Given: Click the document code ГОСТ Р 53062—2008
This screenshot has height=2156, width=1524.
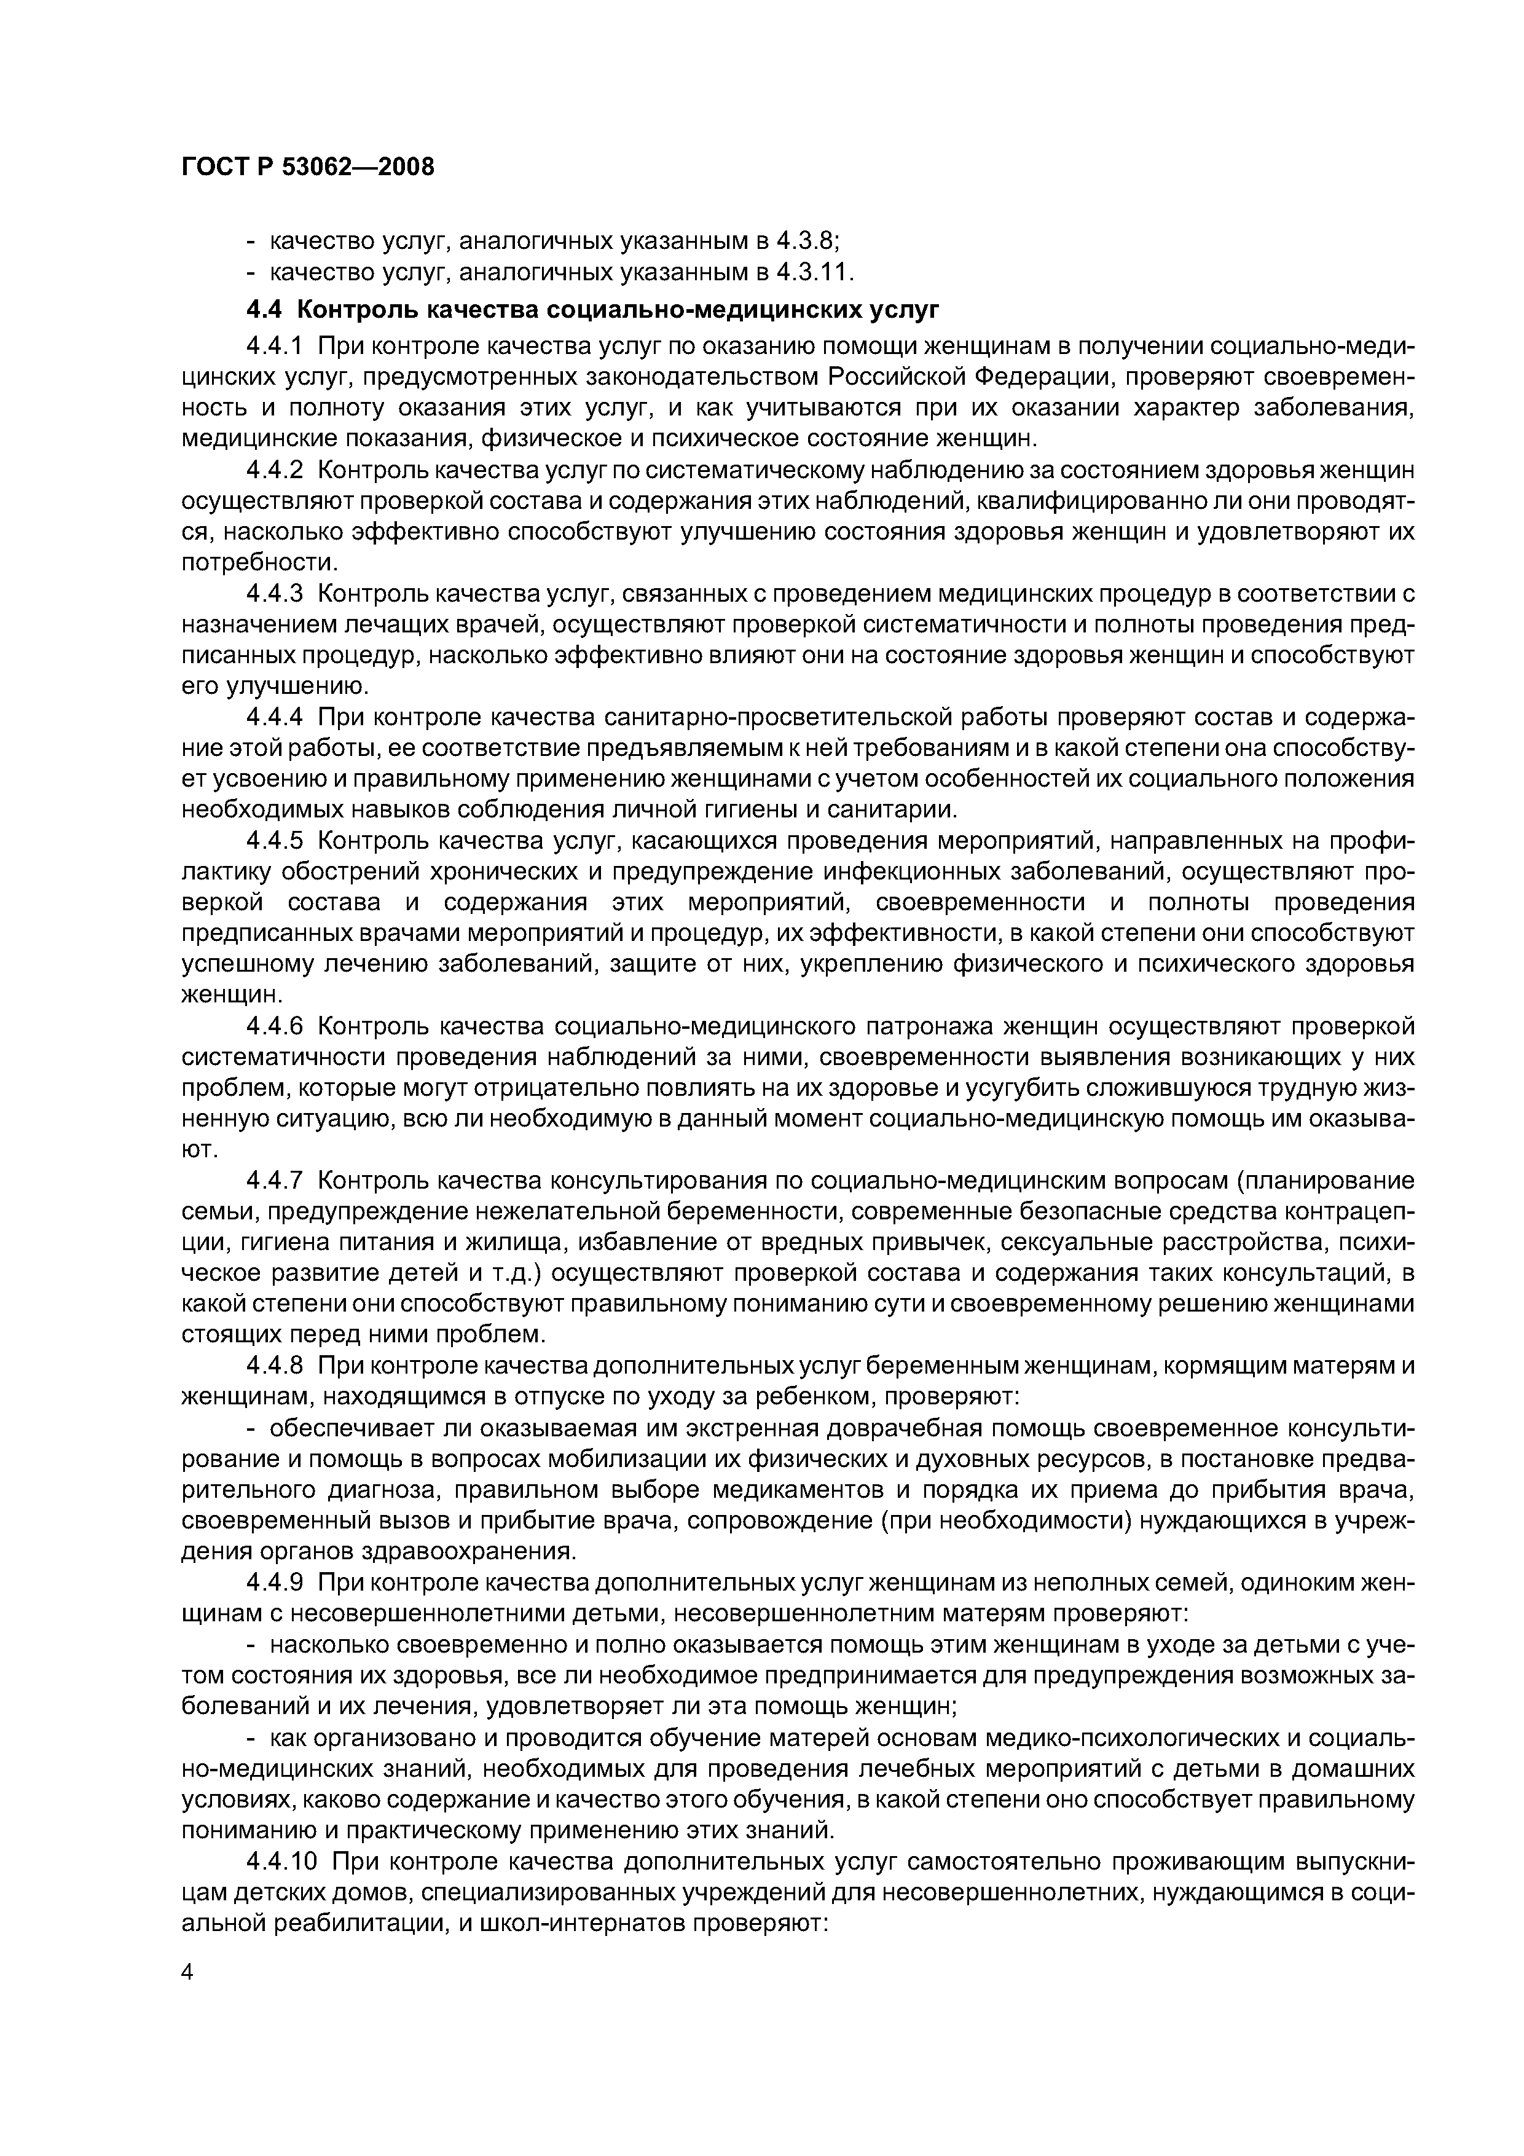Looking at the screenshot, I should [307, 168].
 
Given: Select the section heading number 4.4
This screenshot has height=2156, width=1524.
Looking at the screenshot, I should [265, 310].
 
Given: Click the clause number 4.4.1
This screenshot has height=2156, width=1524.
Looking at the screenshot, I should [274, 347].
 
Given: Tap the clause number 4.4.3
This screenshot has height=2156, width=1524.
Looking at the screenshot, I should [274, 594].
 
